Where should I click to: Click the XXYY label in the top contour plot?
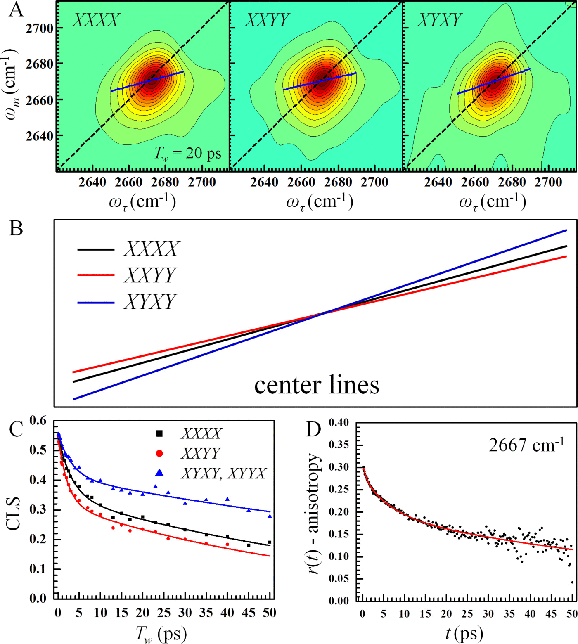coord(267,20)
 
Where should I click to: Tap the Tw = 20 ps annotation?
coord(188,154)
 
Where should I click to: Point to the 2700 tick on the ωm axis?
coord(40,29)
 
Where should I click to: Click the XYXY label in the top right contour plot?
coord(439,20)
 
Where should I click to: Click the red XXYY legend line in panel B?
coord(96,275)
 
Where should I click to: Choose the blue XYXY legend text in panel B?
coord(150,302)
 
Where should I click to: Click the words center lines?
coord(317,385)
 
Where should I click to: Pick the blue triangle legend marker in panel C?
coord(159,473)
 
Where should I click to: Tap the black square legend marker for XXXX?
coord(159,433)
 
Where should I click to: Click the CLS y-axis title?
coord(14,513)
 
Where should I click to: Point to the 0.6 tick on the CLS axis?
coord(38,421)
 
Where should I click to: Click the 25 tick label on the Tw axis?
coord(164,613)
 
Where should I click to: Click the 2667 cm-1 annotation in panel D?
coord(526,445)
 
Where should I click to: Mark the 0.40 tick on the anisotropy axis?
coord(339,422)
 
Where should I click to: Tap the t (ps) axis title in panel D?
coord(464,633)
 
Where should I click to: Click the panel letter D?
coord(313,429)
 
